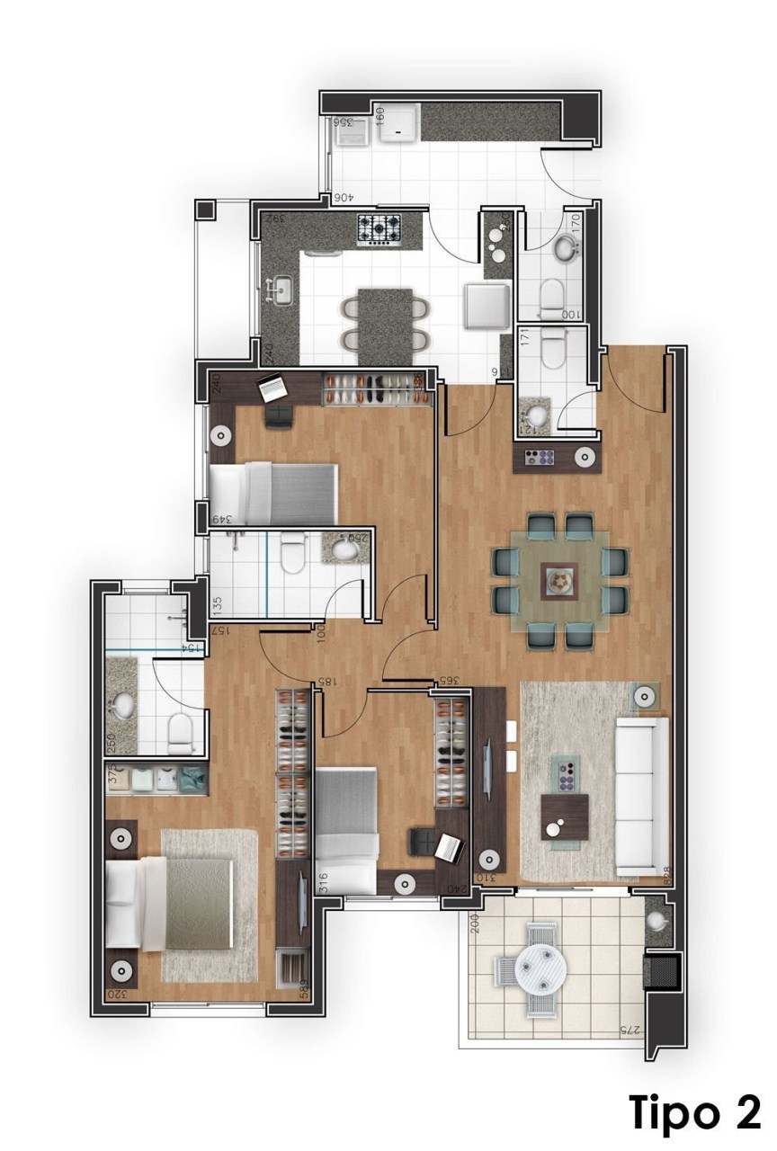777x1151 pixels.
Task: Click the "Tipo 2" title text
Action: (x=695, y=1112)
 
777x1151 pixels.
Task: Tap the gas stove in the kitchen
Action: (x=380, y=229)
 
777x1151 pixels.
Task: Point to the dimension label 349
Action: (x=219, y=519)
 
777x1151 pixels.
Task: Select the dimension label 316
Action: (x=325, y=883)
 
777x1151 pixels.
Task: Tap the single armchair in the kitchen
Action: (x=487, y=304)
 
